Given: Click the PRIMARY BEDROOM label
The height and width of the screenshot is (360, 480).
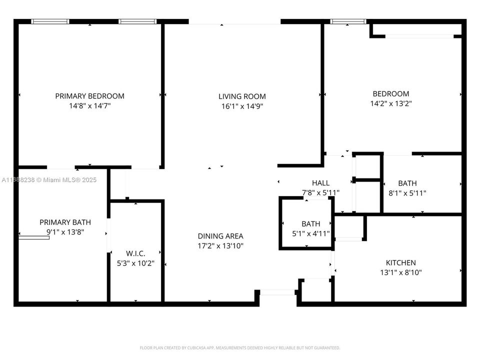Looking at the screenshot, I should pos(89,96).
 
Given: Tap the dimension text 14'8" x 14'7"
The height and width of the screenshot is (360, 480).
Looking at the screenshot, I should pos(89,106).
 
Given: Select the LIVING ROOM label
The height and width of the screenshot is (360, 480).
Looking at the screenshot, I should pos(242,96).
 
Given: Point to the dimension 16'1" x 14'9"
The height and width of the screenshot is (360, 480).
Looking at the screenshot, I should pos(242,106).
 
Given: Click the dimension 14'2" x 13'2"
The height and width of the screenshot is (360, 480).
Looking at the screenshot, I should pos(390,103).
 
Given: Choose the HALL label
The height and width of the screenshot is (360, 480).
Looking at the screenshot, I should pos(320,183).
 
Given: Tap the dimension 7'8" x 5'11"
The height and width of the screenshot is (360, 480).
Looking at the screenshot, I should pos(320,192).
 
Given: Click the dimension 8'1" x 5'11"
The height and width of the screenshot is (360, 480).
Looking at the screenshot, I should pos(407,193).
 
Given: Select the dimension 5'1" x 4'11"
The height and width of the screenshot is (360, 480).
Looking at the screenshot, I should pos(310,233).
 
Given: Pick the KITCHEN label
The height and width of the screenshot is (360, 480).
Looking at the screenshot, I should pos(400,262).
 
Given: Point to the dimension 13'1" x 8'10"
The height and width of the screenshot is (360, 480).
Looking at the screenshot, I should pos(400,272).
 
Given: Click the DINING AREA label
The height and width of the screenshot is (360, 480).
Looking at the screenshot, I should pos(220,236).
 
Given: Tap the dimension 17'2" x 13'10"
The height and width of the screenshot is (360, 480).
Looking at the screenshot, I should pos(220,246).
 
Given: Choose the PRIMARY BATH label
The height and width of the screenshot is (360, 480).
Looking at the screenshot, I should pos(65,222).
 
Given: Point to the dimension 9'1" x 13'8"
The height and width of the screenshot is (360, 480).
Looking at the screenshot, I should pos(65,232).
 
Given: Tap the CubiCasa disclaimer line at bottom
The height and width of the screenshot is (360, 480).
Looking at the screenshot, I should pos(239,347).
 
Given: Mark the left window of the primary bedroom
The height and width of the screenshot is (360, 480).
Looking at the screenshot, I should pos(50,21).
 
